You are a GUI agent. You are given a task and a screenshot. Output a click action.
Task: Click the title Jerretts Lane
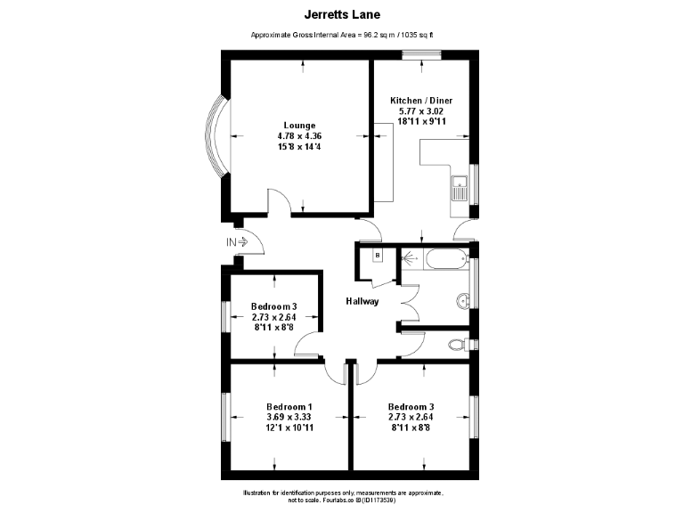341,14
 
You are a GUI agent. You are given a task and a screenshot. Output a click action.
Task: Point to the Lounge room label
299,125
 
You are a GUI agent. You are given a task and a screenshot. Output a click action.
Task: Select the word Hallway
362,301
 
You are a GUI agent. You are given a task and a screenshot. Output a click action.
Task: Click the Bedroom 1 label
289,406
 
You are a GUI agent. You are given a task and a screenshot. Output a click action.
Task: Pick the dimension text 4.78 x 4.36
299,135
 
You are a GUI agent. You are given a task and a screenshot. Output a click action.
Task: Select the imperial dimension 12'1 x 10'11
289,427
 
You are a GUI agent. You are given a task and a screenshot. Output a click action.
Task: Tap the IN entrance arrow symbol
237,241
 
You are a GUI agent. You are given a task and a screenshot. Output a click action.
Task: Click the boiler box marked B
377,256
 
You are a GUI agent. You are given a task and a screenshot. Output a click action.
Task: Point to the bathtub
444,261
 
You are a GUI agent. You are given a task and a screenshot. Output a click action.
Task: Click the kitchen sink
460,189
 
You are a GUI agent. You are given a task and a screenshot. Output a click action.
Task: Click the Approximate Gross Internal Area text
341,36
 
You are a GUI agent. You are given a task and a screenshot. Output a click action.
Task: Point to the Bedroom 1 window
226,417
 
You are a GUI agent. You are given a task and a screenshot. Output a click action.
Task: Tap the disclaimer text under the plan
342,496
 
